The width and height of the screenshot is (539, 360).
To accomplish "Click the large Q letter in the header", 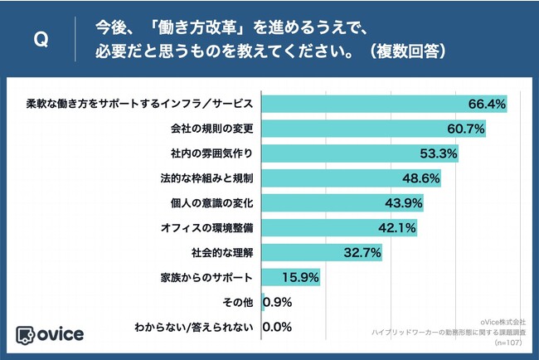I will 38,41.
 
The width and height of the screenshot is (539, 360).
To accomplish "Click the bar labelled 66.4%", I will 384,105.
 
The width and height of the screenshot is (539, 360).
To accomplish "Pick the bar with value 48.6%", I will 351,178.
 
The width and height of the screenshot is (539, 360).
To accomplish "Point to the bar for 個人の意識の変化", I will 342,202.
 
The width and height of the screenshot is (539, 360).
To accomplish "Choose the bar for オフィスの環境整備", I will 338,227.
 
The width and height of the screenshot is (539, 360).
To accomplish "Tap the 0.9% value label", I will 277,302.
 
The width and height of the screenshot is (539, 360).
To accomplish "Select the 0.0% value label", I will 277,327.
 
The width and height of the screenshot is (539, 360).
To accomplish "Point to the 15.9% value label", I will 298,277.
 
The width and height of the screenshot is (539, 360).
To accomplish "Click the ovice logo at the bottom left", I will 50,333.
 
